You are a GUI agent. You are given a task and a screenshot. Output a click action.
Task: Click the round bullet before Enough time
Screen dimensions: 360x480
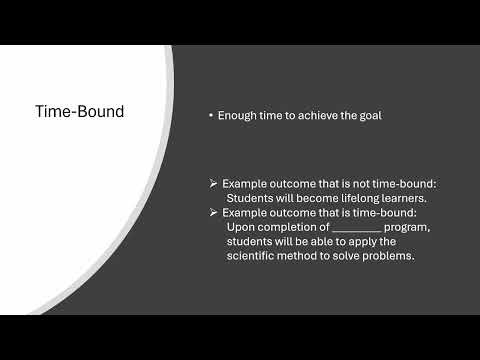tap(211, 116)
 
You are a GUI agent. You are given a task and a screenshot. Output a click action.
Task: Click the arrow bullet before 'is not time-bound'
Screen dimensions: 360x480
tap(214, 185)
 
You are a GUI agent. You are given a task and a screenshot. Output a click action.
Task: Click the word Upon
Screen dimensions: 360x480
tap(241, 227)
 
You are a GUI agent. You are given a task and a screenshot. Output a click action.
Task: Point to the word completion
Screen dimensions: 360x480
tap(289, 227)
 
